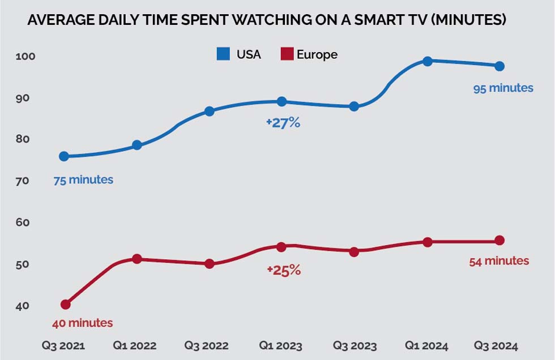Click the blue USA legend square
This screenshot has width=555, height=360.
tap(223, 54)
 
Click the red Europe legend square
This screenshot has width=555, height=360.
tap(287, 54)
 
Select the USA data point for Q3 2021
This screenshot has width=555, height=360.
tap(64, 156)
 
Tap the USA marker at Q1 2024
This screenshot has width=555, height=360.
tap(428, 61)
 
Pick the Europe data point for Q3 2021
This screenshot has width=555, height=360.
tap(65, 305)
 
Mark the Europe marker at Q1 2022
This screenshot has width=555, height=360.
tap(136, 259)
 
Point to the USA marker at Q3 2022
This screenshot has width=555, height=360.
tap(209, 111)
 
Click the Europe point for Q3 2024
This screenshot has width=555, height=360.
tap(499, 241)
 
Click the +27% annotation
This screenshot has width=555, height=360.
tap(283, 123)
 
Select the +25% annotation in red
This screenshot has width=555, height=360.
tap(283, 271)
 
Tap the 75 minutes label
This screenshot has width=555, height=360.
tap(83, 180)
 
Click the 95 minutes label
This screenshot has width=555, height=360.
tap(503, 88)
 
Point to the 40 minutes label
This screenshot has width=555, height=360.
tap(82, 323)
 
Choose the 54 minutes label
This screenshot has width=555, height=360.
tap(499, 261)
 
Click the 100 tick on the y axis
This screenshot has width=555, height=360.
tap(29, 57)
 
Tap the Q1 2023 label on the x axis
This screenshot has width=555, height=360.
tap(281, 346)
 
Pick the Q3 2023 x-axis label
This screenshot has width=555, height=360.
tap(354, 346)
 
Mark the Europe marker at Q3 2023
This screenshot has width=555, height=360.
tap(354, 252)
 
